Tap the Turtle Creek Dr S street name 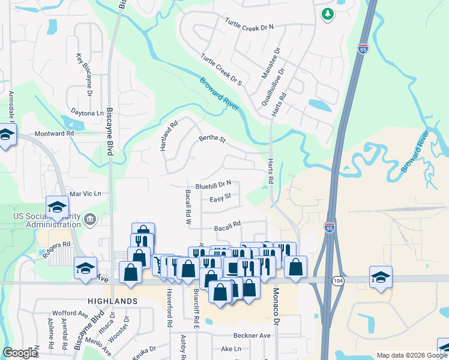coord(221,71)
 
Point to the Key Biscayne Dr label coord(84,74)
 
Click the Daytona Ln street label coord(87,113)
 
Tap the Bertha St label coord(212,140)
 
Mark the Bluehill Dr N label coord(213,185)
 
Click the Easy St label coord(220,199)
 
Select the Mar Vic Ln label coord(86,194)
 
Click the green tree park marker coord(327,14)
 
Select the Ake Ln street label coord(231,349)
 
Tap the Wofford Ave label coord(70,313)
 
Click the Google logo coord(21,353)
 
